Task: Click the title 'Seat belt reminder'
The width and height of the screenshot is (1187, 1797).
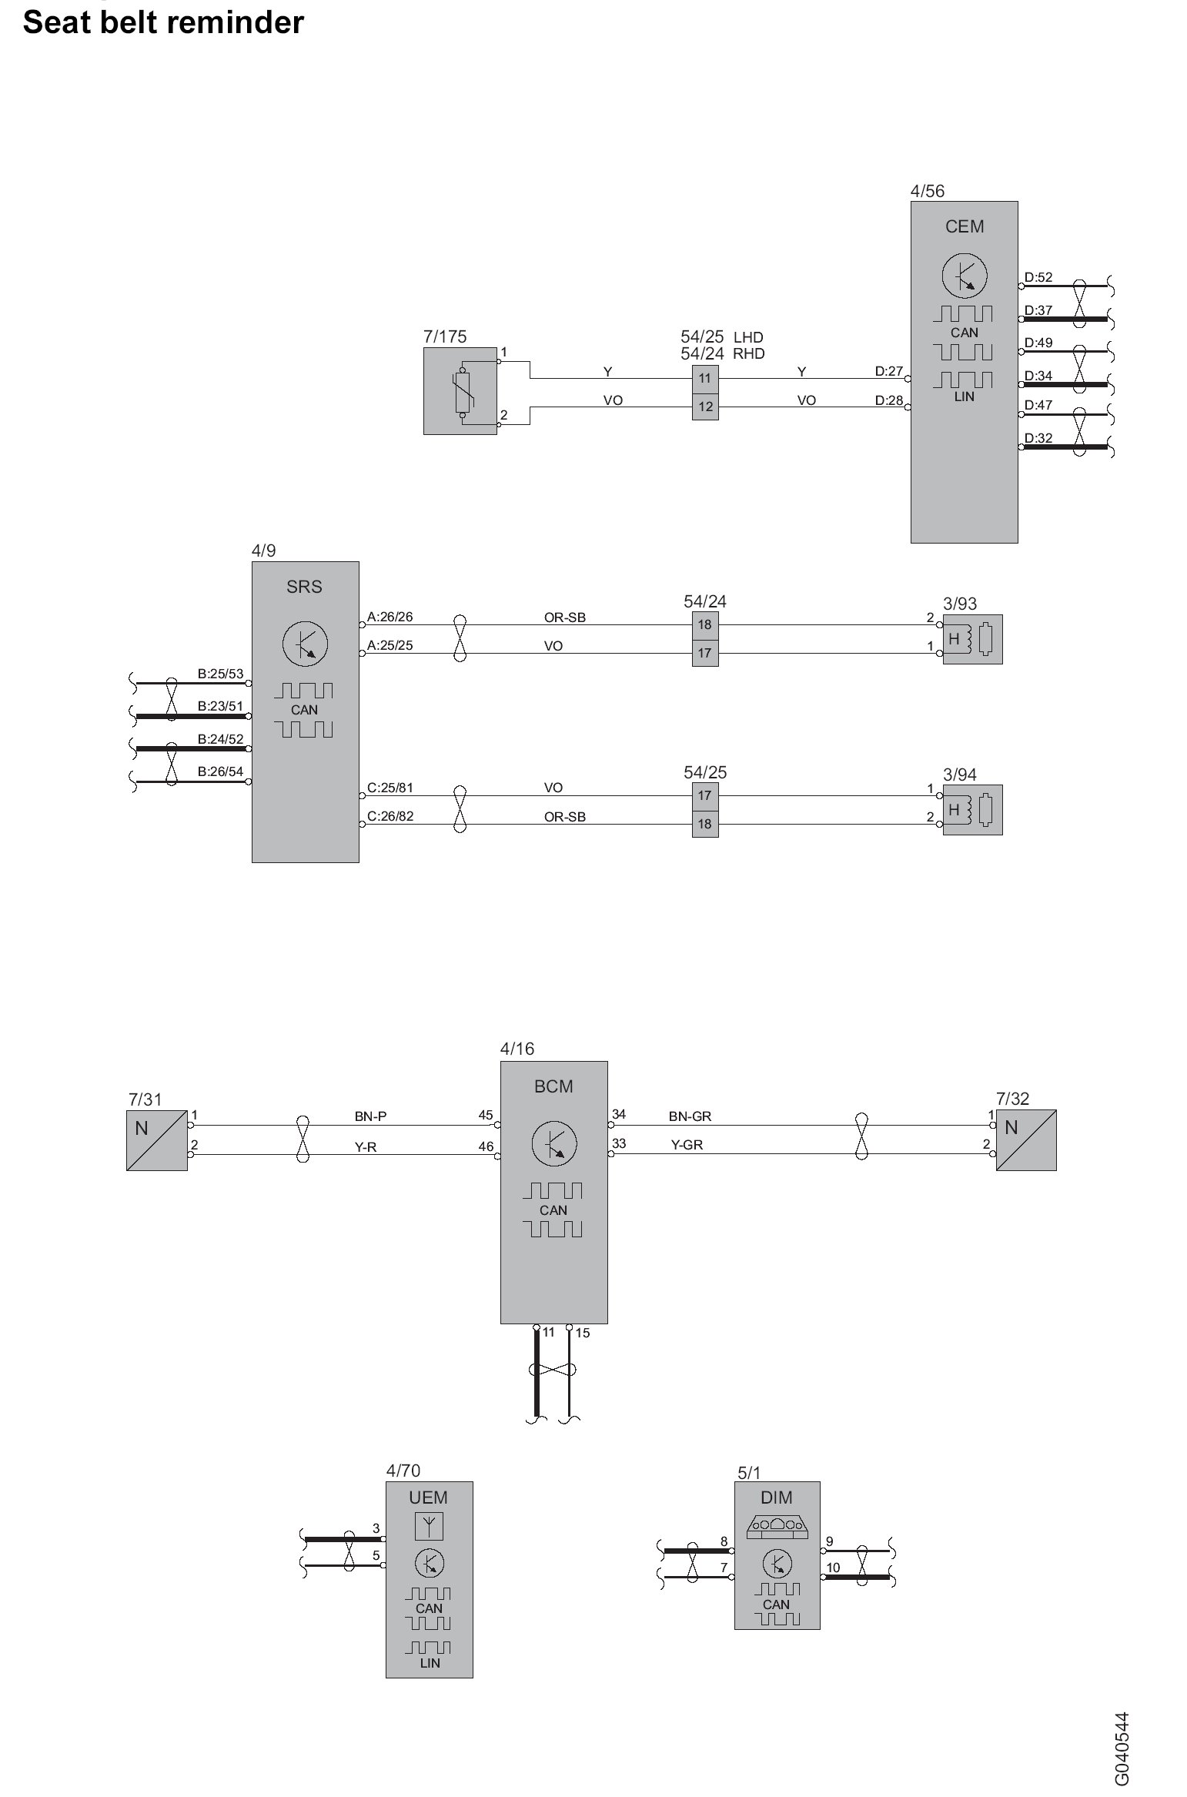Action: click(x=163, y=22)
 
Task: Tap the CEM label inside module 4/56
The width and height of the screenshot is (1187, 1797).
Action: click(x=964, y=226)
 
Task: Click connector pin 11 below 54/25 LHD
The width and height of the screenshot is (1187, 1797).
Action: click(x=705, y=378)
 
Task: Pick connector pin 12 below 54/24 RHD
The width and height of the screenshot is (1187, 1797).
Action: click(x=705, y=407)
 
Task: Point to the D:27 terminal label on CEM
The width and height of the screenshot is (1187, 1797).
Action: click(x=888, y=371)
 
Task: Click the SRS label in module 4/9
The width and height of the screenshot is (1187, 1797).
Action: click(x=304, y=587)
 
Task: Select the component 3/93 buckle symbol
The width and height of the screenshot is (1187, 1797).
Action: click(x=972, y=639)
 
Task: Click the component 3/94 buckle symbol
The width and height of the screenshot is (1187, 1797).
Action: click(x=972, y=810)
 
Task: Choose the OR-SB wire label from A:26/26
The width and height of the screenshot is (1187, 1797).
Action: click(x=564, y=617)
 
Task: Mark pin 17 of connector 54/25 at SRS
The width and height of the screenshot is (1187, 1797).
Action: click(x=705, y=795)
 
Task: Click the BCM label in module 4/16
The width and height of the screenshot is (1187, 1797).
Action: click(x=553, y=1086)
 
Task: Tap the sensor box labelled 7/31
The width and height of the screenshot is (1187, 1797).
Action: click(x=157, y=1140)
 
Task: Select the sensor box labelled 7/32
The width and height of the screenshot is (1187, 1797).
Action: click(x=1026, y=1140)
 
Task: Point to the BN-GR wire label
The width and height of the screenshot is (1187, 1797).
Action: click(x=690, y=1116)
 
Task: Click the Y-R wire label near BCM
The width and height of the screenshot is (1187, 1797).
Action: click(x=366, y=1147)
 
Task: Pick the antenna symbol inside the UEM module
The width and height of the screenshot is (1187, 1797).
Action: click(x=429, y=1525)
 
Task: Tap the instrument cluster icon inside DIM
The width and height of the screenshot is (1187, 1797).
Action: click(x=777, y=1528)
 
